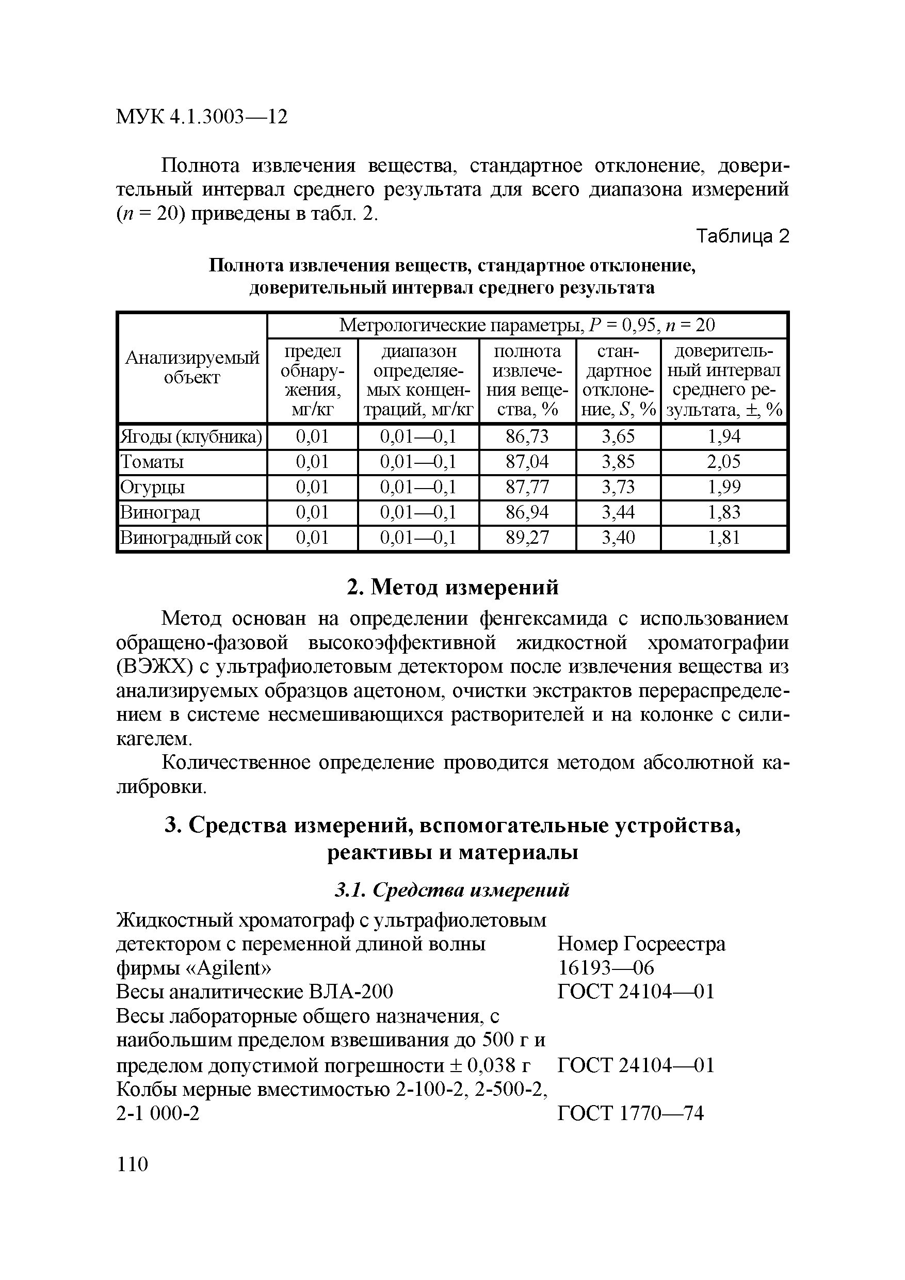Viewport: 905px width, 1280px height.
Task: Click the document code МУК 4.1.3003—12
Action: pos(201,117)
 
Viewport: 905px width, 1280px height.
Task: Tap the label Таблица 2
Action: pos(743,236)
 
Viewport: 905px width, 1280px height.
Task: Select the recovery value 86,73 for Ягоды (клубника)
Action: pos(527,436)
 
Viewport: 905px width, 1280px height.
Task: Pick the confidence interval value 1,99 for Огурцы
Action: pos(724,487)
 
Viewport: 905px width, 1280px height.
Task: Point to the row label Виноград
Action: pos(160,512)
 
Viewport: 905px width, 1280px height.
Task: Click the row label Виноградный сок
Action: pos(191,538)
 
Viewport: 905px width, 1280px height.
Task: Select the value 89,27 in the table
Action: pos(527,538)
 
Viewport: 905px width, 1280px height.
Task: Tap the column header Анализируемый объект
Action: pos(192,367)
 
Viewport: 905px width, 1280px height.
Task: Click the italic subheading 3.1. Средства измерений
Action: pos(451,890)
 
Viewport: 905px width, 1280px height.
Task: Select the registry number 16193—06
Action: pos(606,968)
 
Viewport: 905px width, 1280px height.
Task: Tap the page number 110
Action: pos(132,1164)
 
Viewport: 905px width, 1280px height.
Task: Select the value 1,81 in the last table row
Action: pos(724,538)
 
